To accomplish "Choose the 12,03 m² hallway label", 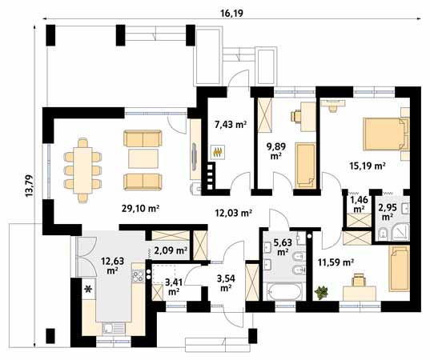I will point(233,213).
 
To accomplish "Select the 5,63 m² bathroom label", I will point(283,246).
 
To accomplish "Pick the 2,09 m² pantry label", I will point(170,250).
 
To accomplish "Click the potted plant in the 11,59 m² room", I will point(323,291).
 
